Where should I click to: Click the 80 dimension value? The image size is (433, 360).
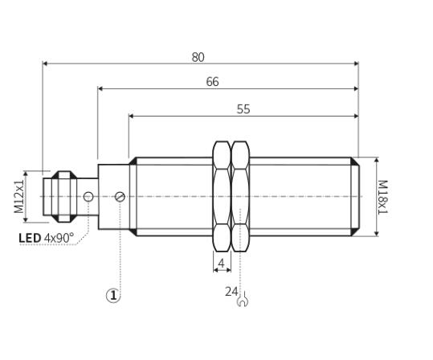198,57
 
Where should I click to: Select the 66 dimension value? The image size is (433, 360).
212,82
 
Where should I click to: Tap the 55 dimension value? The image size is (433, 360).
243,109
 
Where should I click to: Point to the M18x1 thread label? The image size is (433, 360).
382,197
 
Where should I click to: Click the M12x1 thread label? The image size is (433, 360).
19,196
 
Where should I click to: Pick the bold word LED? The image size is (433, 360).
30,238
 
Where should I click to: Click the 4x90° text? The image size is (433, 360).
59,238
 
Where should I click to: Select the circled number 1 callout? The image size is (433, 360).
113,296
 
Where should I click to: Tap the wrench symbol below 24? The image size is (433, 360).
243,300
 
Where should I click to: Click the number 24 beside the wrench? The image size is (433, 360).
231,292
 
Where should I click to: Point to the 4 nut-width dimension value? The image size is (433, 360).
222,264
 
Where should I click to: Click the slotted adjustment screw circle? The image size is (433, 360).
120,197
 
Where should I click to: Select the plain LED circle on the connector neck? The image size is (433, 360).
88,197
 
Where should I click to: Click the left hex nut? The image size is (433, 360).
222,196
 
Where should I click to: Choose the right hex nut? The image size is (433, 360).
240,196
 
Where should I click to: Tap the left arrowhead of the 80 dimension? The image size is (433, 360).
45,63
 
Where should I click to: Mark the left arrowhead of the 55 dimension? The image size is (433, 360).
132,116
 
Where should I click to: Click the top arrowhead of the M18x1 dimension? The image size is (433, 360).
377,160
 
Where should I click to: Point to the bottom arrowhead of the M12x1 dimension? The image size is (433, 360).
26,219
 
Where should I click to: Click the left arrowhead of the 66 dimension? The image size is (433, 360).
100,88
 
